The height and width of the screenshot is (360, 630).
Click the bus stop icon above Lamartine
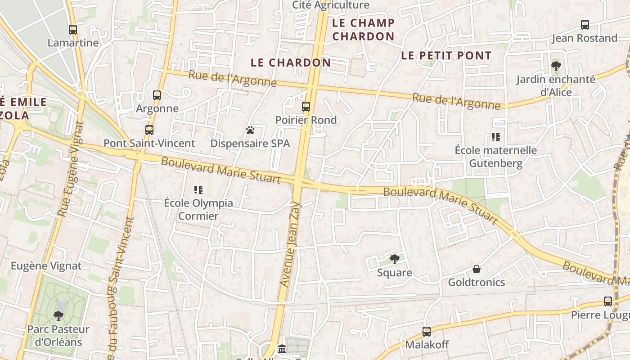point(73,30)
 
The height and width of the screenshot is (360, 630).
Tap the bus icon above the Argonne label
point(157,95)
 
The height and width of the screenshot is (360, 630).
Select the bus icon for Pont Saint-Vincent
point(149,130)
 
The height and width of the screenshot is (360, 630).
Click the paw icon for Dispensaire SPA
point(250,130)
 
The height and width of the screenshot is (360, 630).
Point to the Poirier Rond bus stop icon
point(306,107)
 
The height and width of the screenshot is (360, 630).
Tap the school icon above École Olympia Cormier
point(198,190)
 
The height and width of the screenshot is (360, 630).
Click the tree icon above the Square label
point(395,259)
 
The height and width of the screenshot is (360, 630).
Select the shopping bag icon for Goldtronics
point(477,269)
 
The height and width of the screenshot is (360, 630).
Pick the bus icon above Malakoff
point(427,332)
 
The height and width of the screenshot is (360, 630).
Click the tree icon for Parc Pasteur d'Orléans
point(58,315)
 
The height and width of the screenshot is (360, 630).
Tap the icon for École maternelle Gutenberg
point(496,137)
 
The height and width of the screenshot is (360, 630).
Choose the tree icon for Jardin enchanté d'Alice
point(556,66)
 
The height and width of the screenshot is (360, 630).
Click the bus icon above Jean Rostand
point(585,25)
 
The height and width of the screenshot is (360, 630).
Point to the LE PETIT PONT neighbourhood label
point(446,56)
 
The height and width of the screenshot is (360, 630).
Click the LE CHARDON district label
point(291,63)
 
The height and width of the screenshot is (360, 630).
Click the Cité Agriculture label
point(331,5)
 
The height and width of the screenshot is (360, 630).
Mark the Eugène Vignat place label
point(46,266)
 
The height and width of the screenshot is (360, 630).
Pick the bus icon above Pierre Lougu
point(608,301)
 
